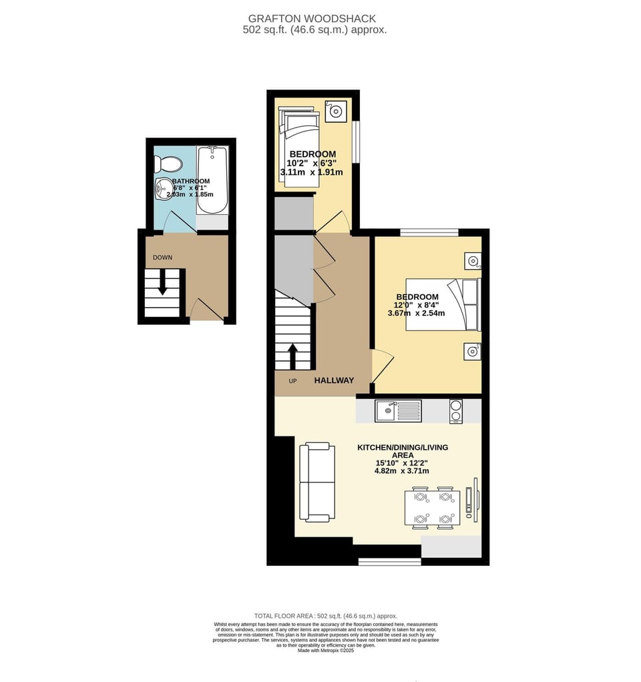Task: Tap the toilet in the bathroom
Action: [x=168, y=163]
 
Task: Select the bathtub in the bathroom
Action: [x=212, y=180]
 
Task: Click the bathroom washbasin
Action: [x=163, y=189]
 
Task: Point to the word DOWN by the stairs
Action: [x=162, y=257]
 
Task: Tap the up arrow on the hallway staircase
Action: [x=292, y=355]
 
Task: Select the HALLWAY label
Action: [x=334, y=380]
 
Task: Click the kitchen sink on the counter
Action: [x=397, y=410]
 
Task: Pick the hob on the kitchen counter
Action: [x=456, y=410]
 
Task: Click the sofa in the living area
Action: [x=317, y=481]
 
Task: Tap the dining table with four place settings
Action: [x=432, y=508]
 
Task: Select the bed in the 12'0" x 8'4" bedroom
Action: [x=443, y=304]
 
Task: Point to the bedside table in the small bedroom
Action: [x=336, y=110]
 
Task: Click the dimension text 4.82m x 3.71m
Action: [x=402, y=470]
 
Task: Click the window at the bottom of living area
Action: [x=389, y=561]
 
